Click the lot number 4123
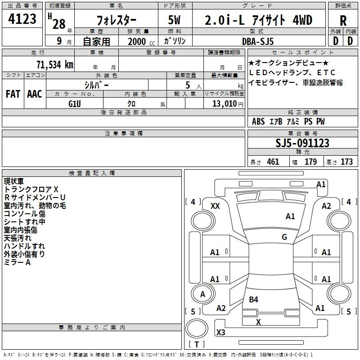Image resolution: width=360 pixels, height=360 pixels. pyautogui.click(x=22, y=20)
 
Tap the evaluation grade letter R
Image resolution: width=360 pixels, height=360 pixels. pyautogui.click(x=343, y=21)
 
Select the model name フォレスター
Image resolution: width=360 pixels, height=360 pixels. pyautogui.click(x=117, y=21)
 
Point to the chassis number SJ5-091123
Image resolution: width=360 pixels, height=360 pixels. pyautogui.click(x=302, y=143)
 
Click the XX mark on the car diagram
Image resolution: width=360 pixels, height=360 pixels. pyautogui.click(x=215, y=206)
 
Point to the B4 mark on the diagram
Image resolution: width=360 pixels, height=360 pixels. pyautogui.click(x=253, y=299)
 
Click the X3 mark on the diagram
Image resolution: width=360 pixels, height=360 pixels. pyautogui.click(x=220, y=333)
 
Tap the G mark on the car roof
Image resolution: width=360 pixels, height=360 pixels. pyautogui.click(x=284, y=237)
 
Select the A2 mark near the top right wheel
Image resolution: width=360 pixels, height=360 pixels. pyautogui.click(x=326, y=206)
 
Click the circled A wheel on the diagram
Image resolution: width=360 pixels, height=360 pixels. pyautogui.click(x=202, y=294)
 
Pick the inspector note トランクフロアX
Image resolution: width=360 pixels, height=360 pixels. pyautogui.click(x=31, y=189)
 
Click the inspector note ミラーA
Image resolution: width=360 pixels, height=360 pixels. pyautogui.click(x=17, y=262)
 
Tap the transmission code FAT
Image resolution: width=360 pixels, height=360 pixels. pyautogui.click(x=13, y=94)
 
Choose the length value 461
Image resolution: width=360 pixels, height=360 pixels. pyautogui.click(x=273, y=162)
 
